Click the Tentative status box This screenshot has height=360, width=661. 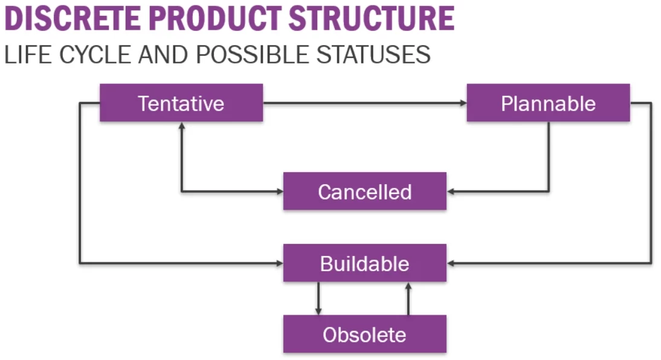(x=181, y=103)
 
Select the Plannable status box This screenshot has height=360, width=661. (x=548, y=103)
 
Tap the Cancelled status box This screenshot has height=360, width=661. (x=364, y=191)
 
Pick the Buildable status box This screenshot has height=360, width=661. (x=364, y=263)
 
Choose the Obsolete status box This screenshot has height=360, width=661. (x=364, y=334)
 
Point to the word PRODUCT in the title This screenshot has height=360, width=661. (x=215, y=18)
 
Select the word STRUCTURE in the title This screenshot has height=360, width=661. (x=371, y=18)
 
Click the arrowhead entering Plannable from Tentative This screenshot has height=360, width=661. (x=463, y=103)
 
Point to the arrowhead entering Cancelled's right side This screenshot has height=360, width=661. (x=451, y=191)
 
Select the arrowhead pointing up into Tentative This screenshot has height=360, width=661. (x=181, y=126)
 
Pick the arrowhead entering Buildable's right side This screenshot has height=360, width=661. (x=451, y=263)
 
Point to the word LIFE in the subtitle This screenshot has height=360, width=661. (x=26, y=54)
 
